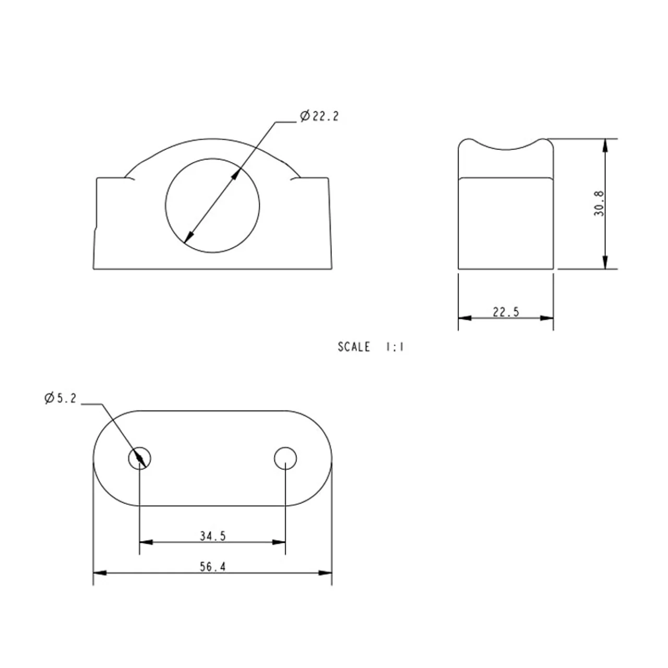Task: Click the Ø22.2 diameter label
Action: (319, 116)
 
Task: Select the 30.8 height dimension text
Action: (599, 204)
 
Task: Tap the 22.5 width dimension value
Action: (506, 312)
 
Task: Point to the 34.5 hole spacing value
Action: (212, 536)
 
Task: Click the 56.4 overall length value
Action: (212, 567)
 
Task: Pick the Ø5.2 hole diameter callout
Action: (61, 398)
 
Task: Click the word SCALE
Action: (354, 347)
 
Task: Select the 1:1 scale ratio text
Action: (395, 347)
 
